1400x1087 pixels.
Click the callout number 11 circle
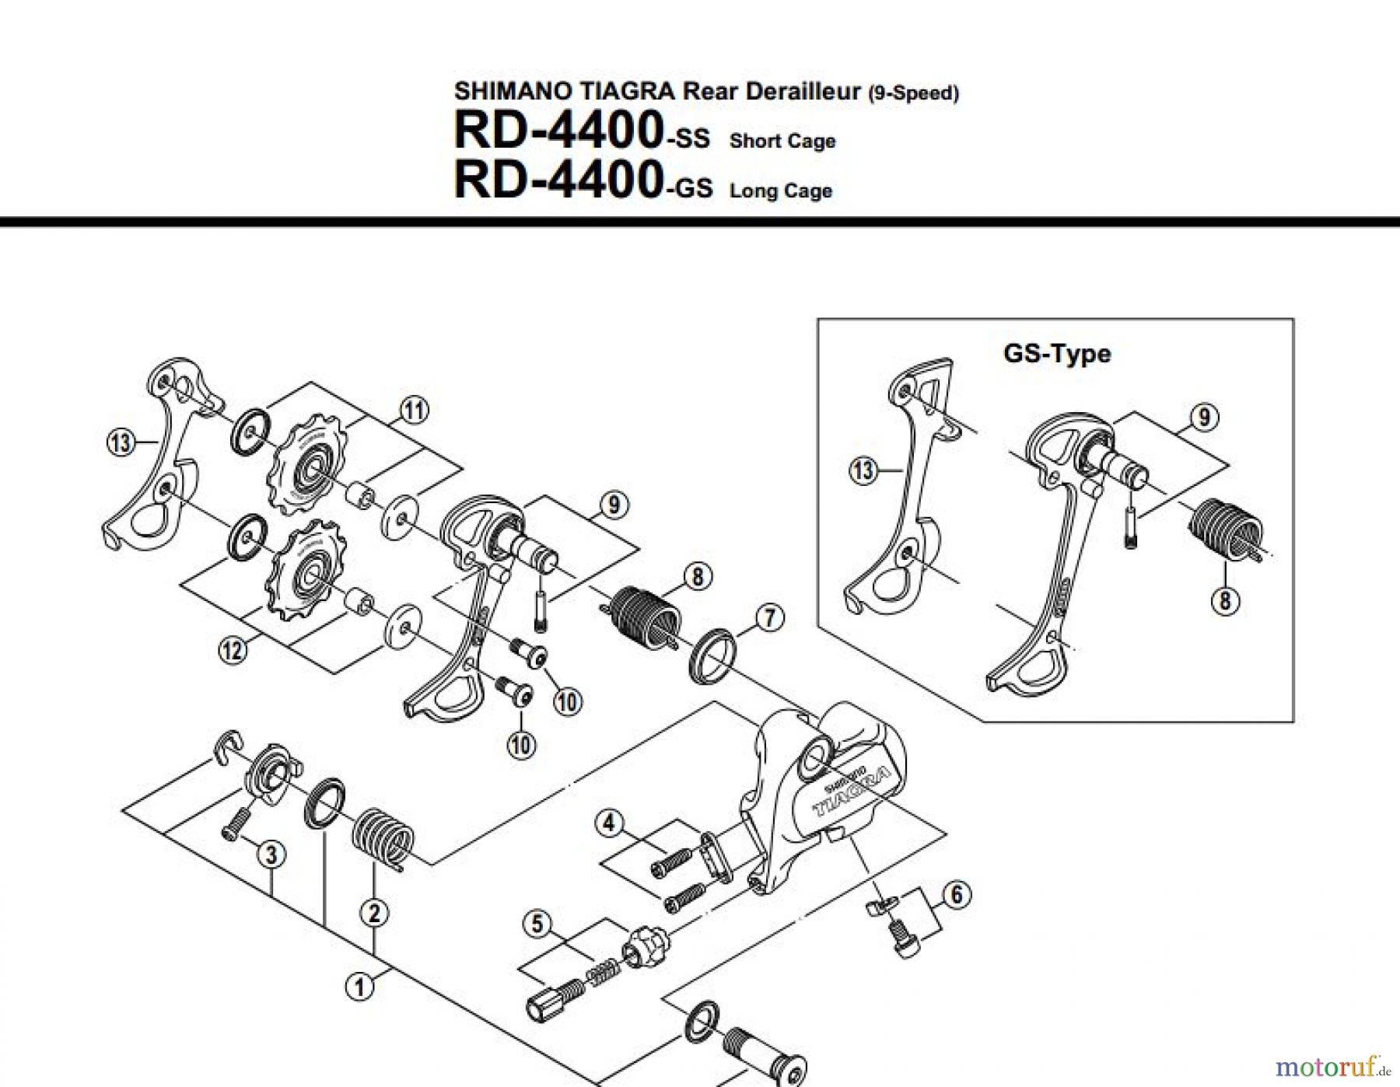point(414,410)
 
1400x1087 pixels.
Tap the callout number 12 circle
point(232,649)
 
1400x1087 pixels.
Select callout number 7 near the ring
point(770,618)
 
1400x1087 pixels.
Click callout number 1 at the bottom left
point(359,987)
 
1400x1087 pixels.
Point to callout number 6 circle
point(957,895)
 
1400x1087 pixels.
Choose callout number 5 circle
point(537,924)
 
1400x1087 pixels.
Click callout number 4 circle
point(609,823)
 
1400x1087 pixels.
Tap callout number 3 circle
point(271,855)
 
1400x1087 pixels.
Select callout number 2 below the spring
point(374,913)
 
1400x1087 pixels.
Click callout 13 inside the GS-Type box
point(863,470)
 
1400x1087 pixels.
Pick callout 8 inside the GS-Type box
point(1225,600)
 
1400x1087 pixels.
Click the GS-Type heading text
point(1057,354)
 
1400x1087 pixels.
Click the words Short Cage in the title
point(782,142)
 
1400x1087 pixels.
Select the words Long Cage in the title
point(781,191)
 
